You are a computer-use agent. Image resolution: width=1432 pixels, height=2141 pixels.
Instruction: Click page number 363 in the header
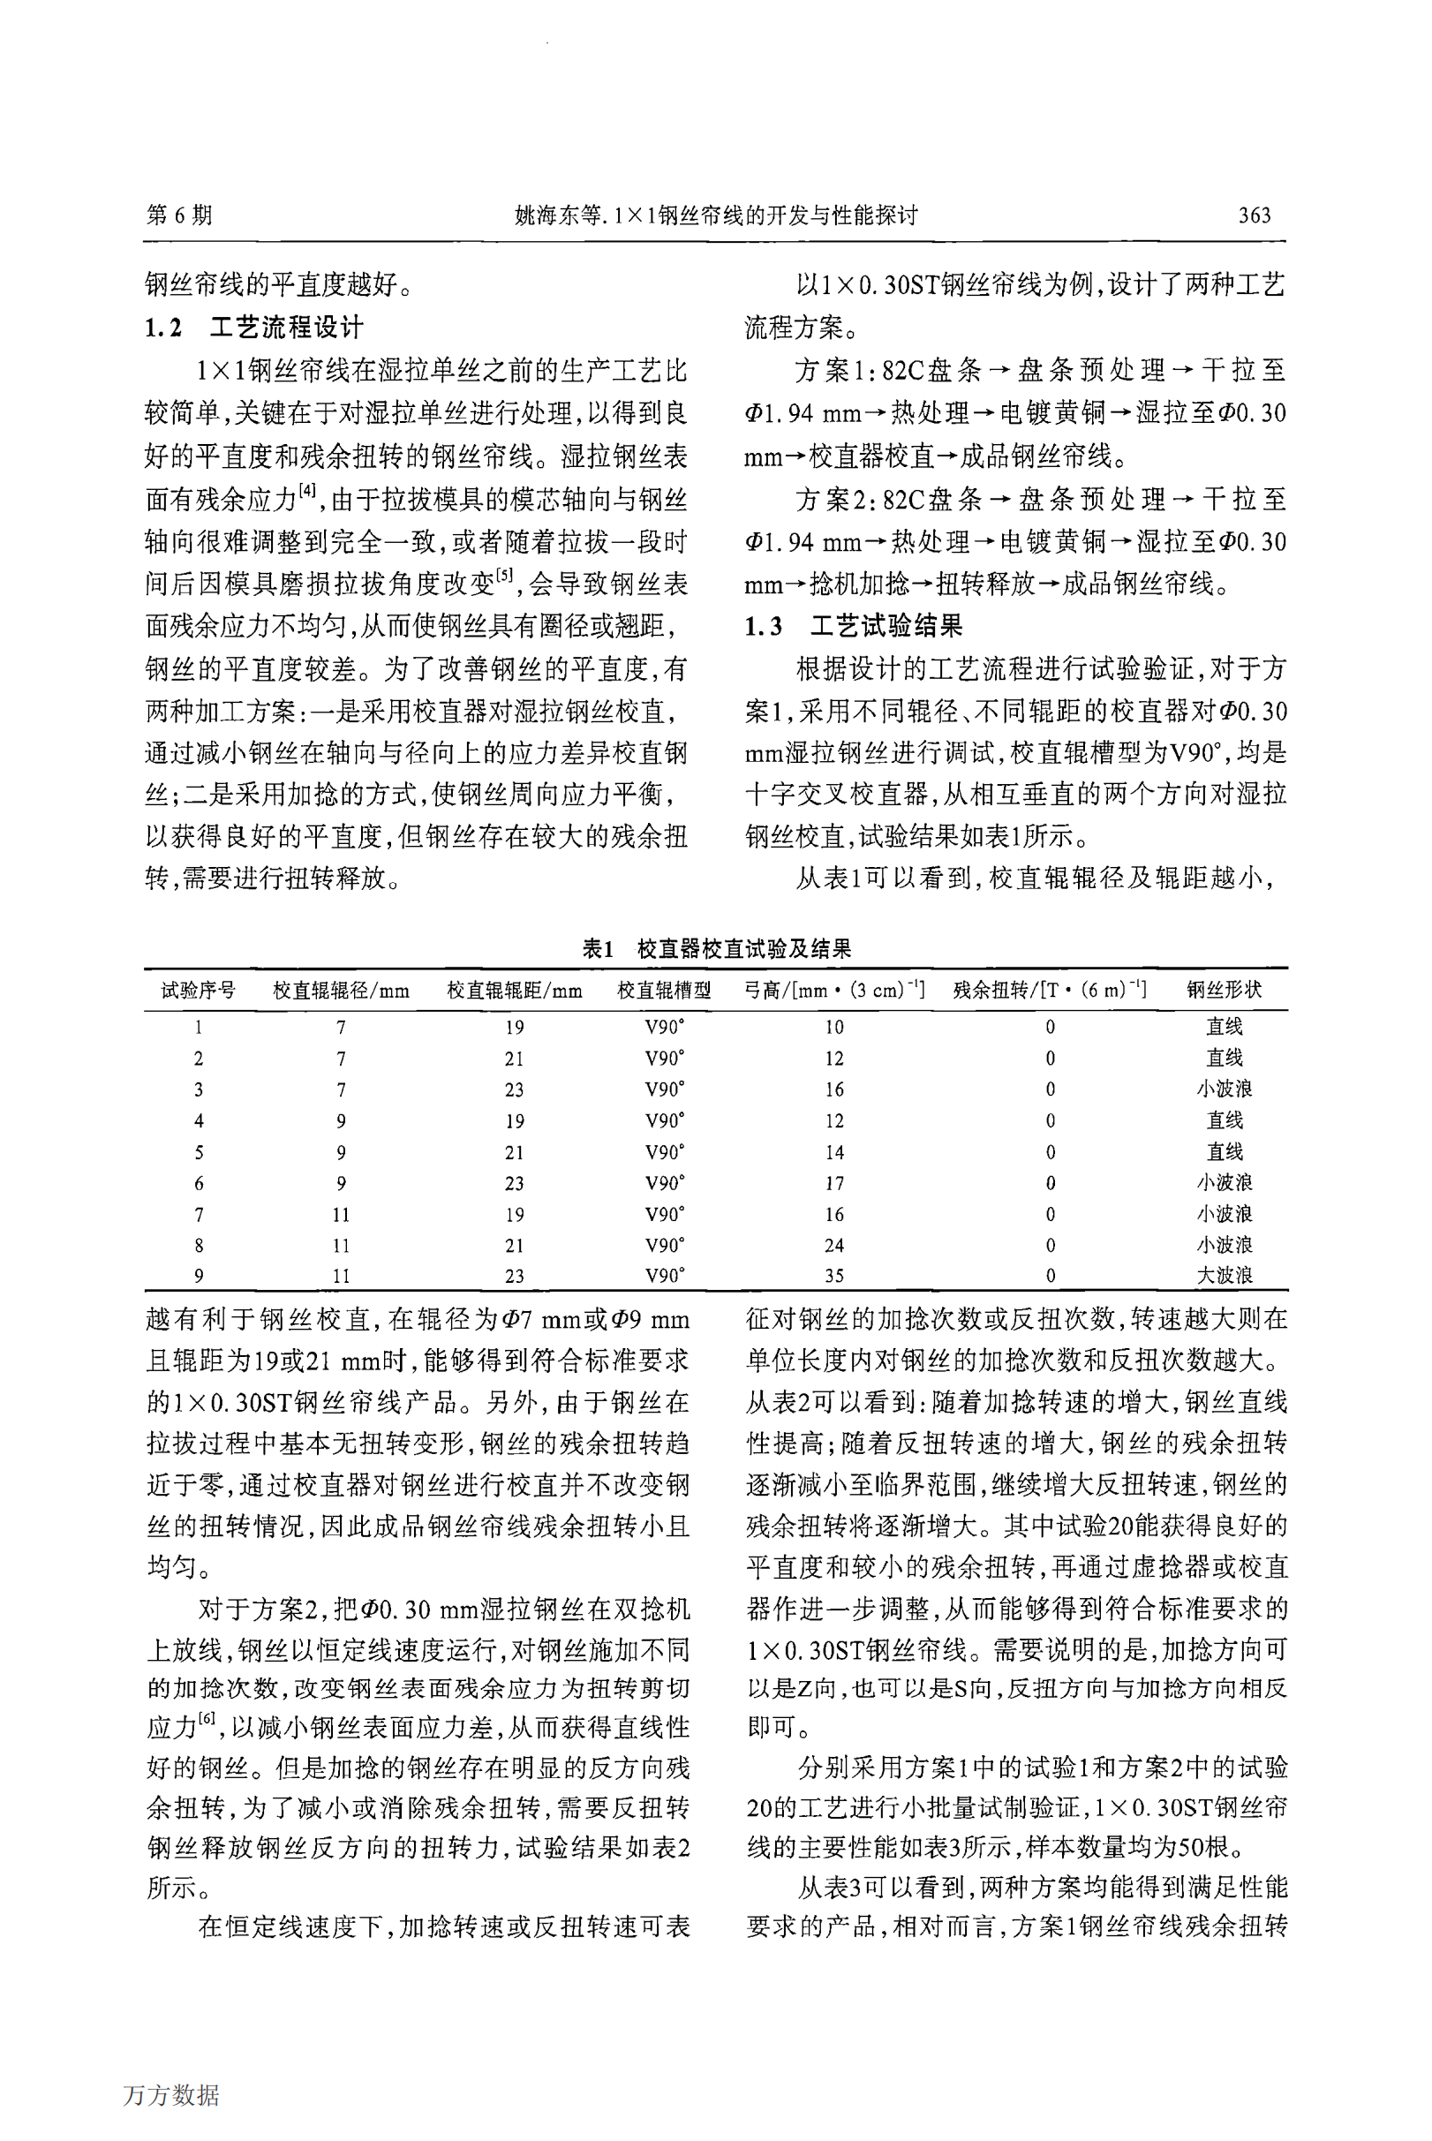point(1253,215)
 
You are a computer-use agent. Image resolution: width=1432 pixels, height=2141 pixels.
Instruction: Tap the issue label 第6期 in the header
point(179,215)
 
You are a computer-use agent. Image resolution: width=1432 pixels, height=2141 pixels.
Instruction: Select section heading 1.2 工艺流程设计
point(254,327)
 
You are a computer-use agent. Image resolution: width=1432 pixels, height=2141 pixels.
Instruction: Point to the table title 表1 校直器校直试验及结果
point(716,948)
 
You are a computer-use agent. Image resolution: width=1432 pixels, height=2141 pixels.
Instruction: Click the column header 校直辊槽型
point(664,991)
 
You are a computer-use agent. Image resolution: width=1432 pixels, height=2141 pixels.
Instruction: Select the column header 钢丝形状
point(1224,991)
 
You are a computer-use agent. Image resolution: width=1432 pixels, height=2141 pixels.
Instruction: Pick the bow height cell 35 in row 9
point(833,1276)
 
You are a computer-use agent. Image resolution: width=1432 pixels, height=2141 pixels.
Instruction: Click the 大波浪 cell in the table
point(1224,1276)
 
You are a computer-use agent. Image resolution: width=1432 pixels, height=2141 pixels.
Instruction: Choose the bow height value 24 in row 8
point(833,1246)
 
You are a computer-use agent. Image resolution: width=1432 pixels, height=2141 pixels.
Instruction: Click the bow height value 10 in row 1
point(833,1027)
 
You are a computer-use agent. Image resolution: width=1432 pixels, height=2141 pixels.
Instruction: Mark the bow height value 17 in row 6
point(833,1183)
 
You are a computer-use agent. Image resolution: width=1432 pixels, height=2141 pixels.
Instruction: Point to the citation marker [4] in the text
point(307,492)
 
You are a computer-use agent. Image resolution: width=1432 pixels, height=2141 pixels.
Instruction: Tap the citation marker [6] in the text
point(207,1718)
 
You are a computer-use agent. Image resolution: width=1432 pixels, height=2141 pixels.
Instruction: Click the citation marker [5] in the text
point(503,575)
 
